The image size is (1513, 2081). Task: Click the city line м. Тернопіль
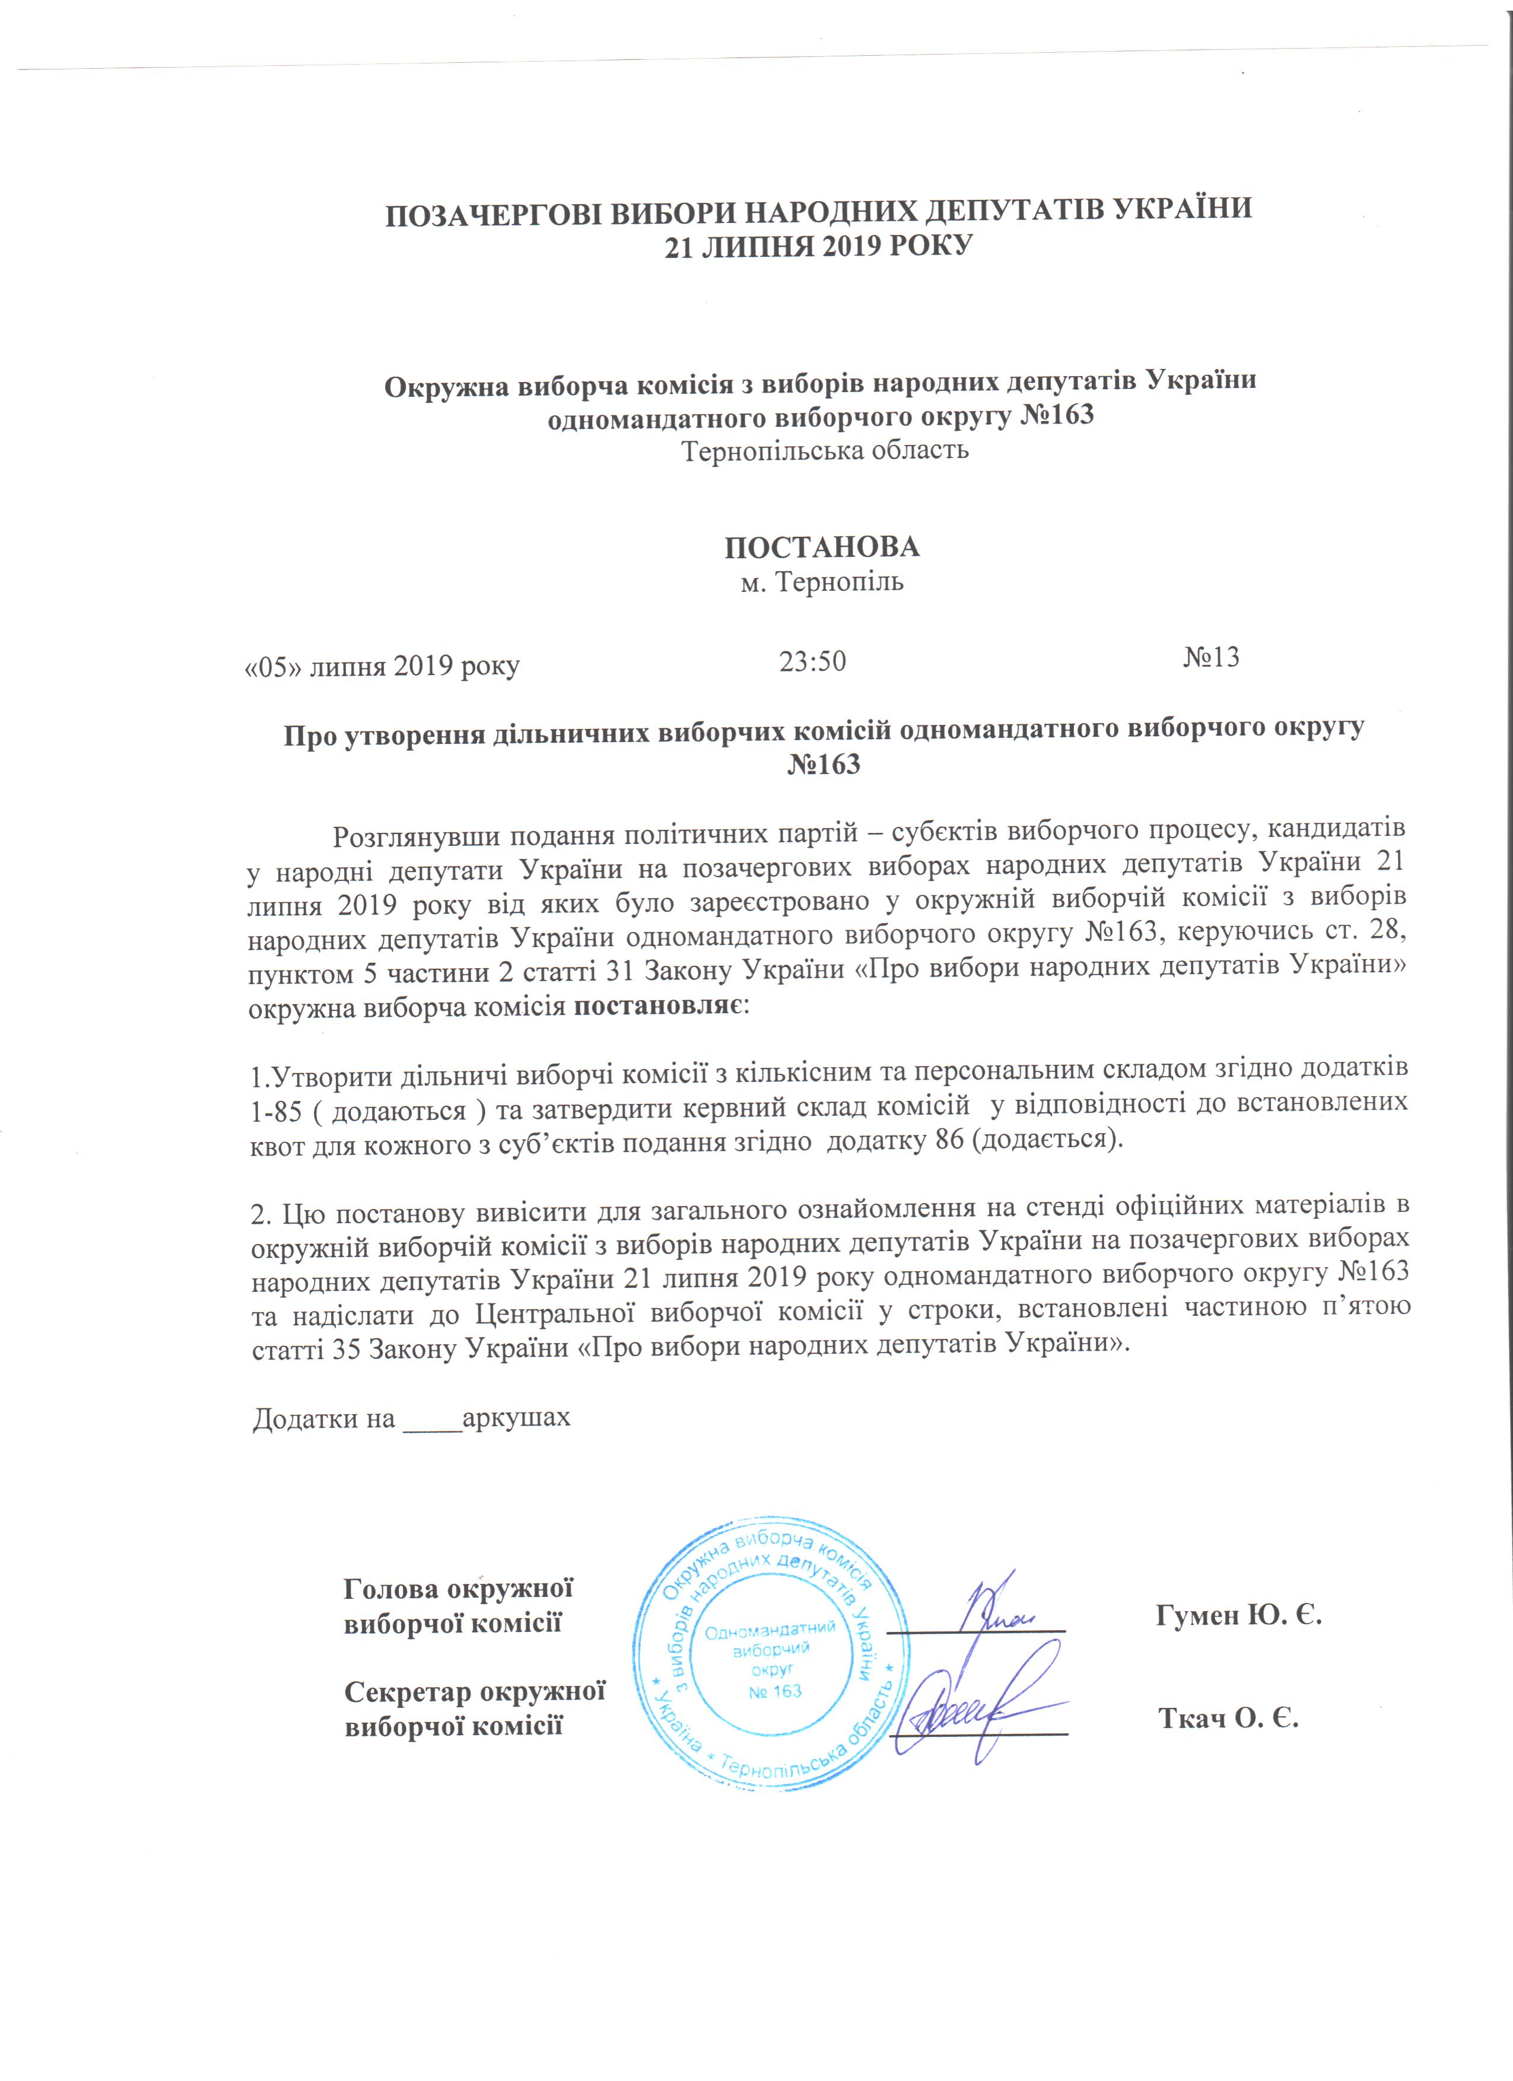822,583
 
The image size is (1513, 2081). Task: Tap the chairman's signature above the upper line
996,1608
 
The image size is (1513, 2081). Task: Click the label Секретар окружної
474,1690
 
